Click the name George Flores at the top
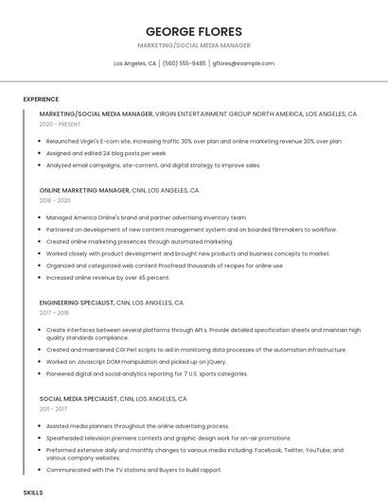coord(193,31)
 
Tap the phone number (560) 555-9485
coord(184,63)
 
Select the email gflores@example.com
coord(243,63)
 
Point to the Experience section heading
coord(41,99)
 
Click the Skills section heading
coord(33,492)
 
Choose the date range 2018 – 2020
coord(55,200)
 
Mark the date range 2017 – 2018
coord(55,313)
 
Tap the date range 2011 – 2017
coord(54,409)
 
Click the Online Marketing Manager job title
coord(84,190)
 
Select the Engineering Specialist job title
coord(77,302)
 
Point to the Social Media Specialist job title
coord(79,399)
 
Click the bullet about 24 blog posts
coord(106,152)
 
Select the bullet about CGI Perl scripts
coord(196,350)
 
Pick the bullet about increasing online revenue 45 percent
coord(108,278)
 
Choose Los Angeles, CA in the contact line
coord(134,63)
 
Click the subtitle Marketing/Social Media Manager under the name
coord(193,45)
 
